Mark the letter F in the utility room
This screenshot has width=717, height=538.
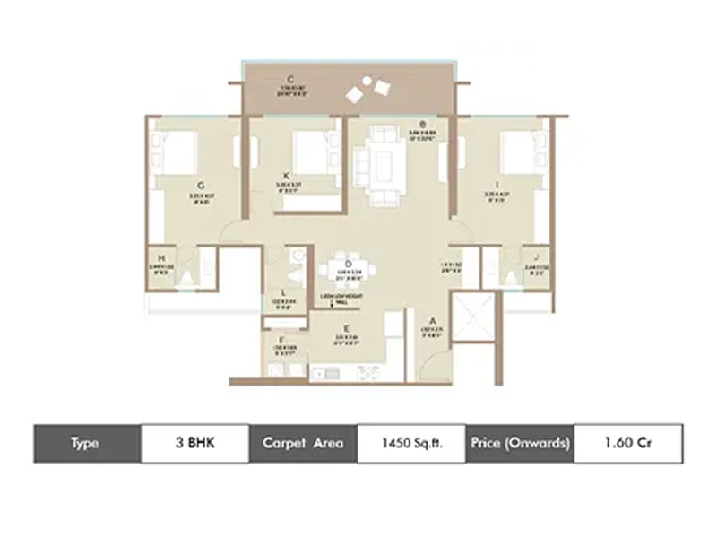tap(281, 340)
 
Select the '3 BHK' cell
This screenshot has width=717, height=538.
tap(194, 444)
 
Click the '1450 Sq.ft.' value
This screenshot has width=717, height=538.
tap(411, 444)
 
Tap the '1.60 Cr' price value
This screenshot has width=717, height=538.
tap(627, 444)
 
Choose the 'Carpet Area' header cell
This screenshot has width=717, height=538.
tap(303, 444)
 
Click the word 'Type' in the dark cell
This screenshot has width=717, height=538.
tap(86, 444)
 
